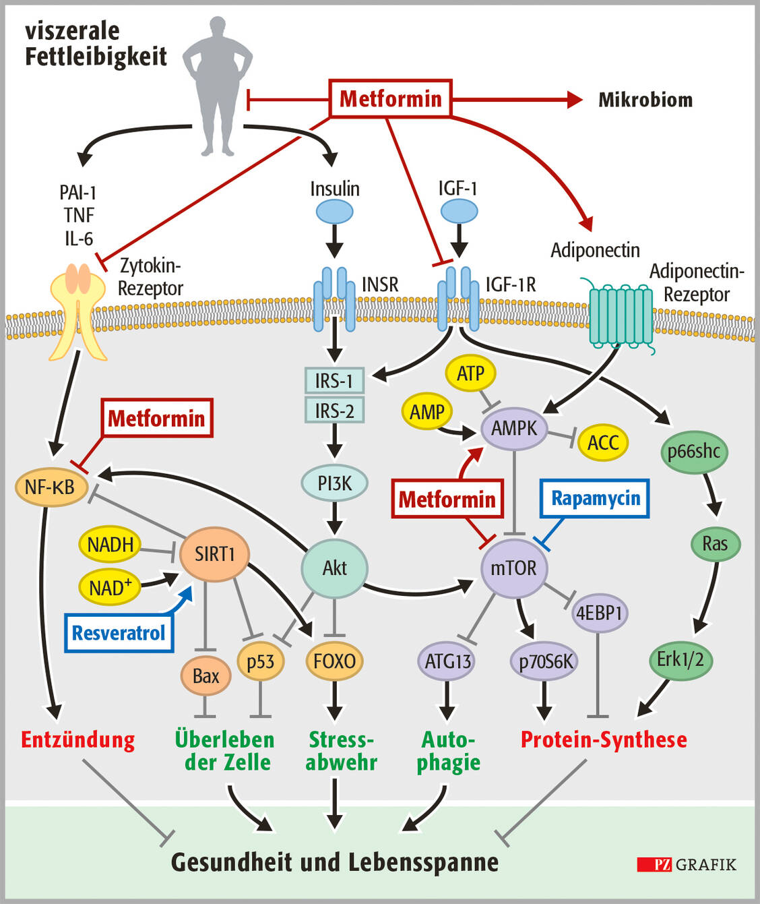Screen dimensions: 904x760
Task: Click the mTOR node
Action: tap(514, 568)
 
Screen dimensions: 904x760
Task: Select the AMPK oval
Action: tap(514, 428)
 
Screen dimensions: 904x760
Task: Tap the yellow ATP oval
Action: tap(470, 373)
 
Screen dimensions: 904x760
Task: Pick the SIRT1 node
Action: tap(214, 554)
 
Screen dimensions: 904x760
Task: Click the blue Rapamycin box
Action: tap(595, 499)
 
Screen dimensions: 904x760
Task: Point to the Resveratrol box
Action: tap(119, 633)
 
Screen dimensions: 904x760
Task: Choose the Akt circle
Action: tap(334, 568)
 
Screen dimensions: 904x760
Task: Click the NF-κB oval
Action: tap(51, 487)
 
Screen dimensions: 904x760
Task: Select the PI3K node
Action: tap(334, 483)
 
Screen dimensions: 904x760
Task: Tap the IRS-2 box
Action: tap(334, 410)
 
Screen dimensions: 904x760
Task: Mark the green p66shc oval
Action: tap(693, 450)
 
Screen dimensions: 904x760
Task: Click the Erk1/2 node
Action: tap(680, 659)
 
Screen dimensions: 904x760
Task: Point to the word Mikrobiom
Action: tap(645, 100)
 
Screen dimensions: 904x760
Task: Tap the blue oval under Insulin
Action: tap(334, 212)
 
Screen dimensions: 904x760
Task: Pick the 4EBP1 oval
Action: tap(599, 613)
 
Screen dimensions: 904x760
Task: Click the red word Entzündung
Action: tap(77, 740)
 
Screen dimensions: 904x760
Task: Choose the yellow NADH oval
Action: tap(110, 545)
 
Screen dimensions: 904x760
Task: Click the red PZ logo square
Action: tap(654, 864)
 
